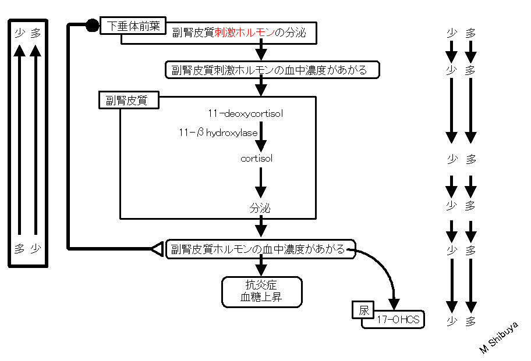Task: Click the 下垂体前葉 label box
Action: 133,26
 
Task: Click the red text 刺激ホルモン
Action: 245,33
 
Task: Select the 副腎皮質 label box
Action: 129,100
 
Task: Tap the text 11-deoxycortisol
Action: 246,113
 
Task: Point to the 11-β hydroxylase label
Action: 218,133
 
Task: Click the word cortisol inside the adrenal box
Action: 256,158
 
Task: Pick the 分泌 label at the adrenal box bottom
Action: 260,208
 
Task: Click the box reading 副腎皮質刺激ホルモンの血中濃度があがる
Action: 272,70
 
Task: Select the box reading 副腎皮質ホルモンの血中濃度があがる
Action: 260,249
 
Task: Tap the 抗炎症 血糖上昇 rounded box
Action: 262,292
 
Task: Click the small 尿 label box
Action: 363,310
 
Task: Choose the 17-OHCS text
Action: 398,319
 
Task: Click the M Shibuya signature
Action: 499,337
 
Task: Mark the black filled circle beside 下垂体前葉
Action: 92,26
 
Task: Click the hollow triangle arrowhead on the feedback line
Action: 157,249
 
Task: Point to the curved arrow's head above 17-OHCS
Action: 394,304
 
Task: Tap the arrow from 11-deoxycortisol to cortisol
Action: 261,137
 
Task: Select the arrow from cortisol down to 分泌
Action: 260,183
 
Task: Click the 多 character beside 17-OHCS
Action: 470,321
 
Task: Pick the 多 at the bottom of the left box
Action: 20,249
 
